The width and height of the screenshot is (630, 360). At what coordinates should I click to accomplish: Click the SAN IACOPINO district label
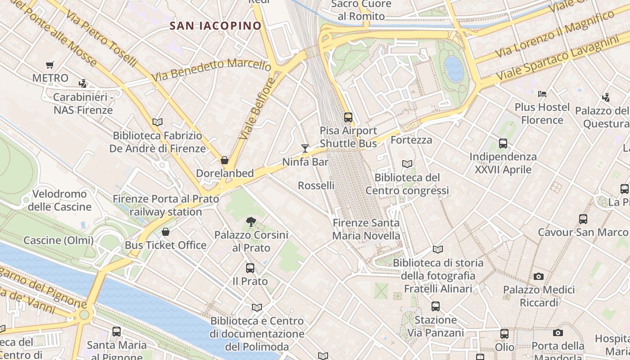tap(216, 26)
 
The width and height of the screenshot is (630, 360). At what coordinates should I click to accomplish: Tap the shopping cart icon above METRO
tap(50, 65)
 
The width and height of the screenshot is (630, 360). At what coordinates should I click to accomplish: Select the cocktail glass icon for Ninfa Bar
tap(305, 148)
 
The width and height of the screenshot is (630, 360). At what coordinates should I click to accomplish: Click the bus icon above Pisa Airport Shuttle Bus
tap(348, 117)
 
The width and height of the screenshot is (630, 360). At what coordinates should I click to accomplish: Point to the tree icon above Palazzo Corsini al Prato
tap(251, 221)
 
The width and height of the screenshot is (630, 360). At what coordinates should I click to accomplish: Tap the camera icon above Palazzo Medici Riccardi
tap(539, 276)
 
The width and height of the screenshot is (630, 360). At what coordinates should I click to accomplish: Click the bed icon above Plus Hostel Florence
tap(542, 94)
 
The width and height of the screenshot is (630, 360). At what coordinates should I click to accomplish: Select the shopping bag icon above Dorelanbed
tap(224, 160)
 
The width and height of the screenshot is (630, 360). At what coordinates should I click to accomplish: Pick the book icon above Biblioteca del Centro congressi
tap(407, 164)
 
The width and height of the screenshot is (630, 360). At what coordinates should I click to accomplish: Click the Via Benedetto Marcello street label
tap(211, 70)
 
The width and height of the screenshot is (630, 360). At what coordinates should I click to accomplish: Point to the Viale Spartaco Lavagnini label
tap(562, 58)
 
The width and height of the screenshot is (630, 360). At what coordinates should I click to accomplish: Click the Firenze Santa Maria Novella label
tap(366, 229)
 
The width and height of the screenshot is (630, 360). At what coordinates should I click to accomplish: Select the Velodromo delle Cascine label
tap(59, 201)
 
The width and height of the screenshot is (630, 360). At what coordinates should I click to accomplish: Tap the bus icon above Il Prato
tap(250, 268)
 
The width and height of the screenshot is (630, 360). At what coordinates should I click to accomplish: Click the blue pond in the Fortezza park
tap(454, 69)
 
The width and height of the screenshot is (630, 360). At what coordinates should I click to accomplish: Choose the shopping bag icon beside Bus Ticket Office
tap(166, 232)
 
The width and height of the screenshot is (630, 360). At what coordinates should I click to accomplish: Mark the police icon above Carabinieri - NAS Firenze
tap(82, 84)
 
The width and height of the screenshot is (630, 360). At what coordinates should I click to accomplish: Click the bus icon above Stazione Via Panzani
tap(436, 306)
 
